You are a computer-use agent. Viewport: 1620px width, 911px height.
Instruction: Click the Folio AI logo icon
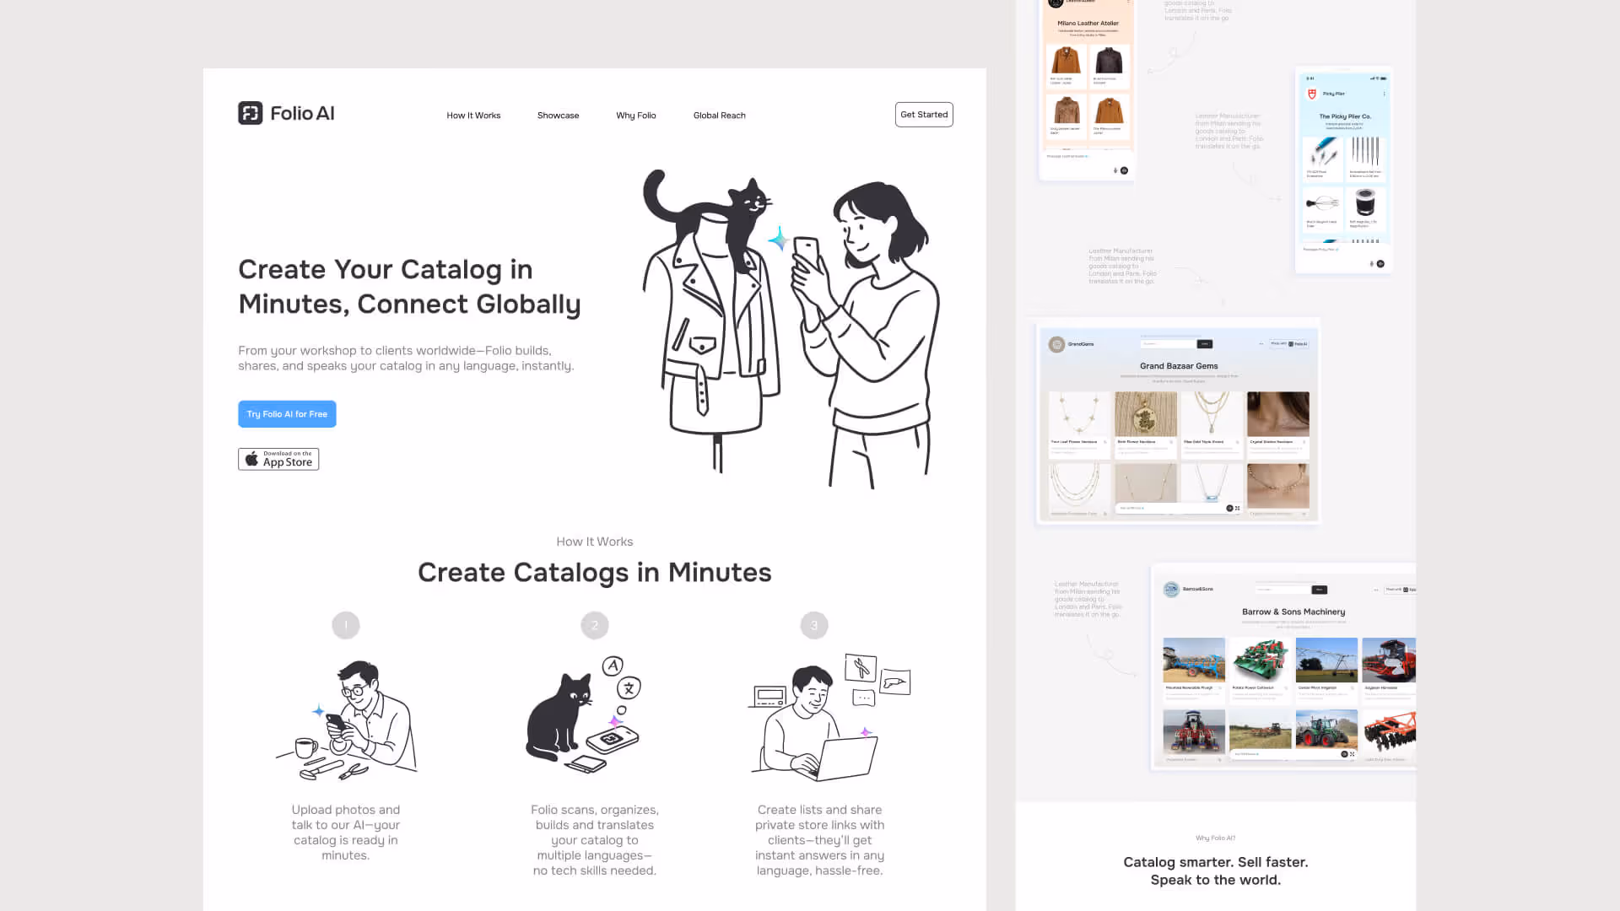click(250, 113)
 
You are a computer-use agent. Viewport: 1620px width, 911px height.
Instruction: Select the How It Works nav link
click(473, 116)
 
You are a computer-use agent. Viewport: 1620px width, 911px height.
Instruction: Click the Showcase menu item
click(558, 116)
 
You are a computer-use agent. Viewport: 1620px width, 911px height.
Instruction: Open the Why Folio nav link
click(635, 116)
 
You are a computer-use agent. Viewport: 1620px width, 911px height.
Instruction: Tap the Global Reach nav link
click(719, 116)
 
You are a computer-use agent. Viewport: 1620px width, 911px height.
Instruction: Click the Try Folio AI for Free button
click(287, 414)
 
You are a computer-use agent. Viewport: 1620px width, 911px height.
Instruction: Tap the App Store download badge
click(278, 459)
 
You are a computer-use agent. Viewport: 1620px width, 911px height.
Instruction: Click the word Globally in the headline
click(525, 305)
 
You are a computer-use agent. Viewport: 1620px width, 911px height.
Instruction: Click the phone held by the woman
click(807, 253)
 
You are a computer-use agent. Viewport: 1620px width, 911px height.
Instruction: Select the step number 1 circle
click(346, 625)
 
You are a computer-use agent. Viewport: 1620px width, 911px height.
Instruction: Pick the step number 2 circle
click(595, 625)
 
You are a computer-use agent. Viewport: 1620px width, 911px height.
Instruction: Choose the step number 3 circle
click(814, 625)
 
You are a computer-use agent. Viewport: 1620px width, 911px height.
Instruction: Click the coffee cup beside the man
click(306, 747)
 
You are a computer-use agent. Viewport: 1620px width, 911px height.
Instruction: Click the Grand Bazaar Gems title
click(1179, 366)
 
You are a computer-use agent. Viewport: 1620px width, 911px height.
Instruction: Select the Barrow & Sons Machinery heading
click(1293, 612)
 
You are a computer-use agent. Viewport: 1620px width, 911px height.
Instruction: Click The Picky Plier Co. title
click(1345, 116)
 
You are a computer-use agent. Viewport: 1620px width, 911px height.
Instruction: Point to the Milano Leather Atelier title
click(1088, 24)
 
